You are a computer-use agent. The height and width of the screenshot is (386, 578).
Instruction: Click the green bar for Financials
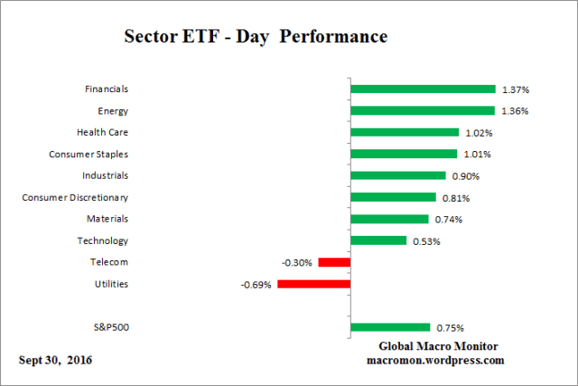click(423, 89)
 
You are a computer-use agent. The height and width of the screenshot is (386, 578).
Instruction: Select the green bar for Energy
click(423, 110)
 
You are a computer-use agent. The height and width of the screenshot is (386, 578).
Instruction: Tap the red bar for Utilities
click(313, 284)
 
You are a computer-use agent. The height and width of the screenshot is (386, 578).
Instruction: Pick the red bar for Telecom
click(334, 262)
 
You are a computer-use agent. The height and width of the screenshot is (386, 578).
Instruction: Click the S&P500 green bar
click(390, 327)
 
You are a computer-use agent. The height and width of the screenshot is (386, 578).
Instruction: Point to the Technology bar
click(378, 240)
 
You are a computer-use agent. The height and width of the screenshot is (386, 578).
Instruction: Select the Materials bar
click(389, 219)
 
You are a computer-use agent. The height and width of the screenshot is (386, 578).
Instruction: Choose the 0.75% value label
click(449, 328)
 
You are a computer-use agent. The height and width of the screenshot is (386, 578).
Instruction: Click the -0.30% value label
click(298, 263)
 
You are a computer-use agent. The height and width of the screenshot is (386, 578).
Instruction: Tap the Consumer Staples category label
click(89, 154)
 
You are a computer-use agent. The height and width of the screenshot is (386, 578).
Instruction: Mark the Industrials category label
click(105, 175)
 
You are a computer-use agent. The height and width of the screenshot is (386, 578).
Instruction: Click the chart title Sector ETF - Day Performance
click(255, 37)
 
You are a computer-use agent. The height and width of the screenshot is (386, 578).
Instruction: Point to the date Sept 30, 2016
click(55, 360)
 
